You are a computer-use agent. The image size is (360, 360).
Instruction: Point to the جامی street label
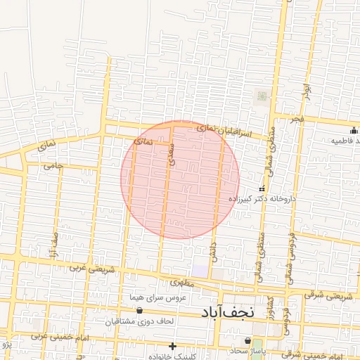coord(53,167)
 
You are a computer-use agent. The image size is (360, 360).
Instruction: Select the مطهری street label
coord(181,283)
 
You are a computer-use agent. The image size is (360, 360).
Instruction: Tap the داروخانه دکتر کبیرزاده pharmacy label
coord(262,199)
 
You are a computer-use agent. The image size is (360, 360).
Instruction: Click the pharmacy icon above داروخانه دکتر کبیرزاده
coord(262,188)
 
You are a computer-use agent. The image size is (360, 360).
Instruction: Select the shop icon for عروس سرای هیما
coord(139,309)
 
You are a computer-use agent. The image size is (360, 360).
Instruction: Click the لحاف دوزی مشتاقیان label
coord(139,321)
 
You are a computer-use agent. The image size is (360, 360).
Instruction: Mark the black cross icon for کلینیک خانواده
coord(173,346)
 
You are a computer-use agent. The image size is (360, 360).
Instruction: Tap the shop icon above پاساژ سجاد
coord(247,340)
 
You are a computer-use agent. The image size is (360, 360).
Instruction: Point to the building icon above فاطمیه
coord(352,129)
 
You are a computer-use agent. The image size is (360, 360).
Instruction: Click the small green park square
coord(262,96)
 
